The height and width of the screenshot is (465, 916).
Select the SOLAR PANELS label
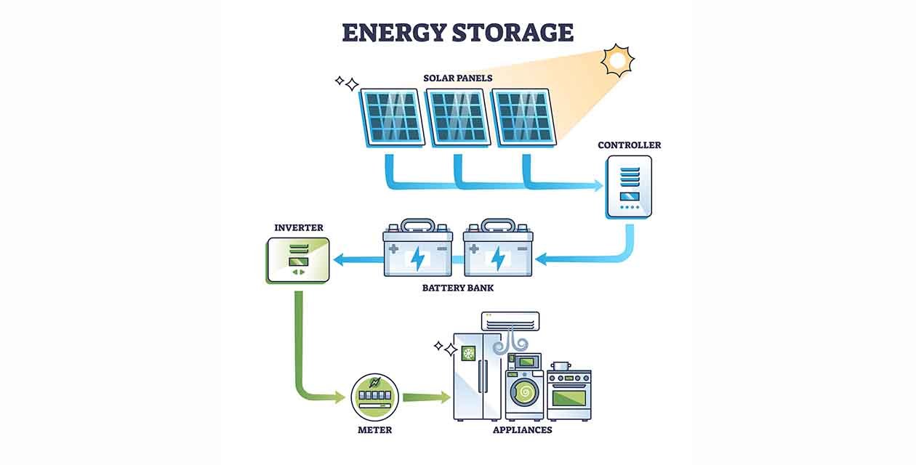(458, 78)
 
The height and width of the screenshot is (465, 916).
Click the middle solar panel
(457, 117)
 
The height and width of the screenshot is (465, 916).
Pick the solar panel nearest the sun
(524, 117)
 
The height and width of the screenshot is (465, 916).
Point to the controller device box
(629, 187)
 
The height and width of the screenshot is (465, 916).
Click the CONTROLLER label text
(629, 145)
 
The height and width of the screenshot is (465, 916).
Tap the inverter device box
(298, 259)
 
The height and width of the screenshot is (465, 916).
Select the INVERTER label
(298, 227)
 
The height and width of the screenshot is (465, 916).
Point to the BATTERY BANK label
(458, 288)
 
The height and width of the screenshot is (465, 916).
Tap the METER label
(374, 430)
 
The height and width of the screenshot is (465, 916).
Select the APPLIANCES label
(522, 430)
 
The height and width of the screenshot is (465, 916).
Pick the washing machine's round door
(523, 393)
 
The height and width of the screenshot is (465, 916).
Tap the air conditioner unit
(511, 320)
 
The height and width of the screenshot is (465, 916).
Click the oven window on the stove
(569, 397)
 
